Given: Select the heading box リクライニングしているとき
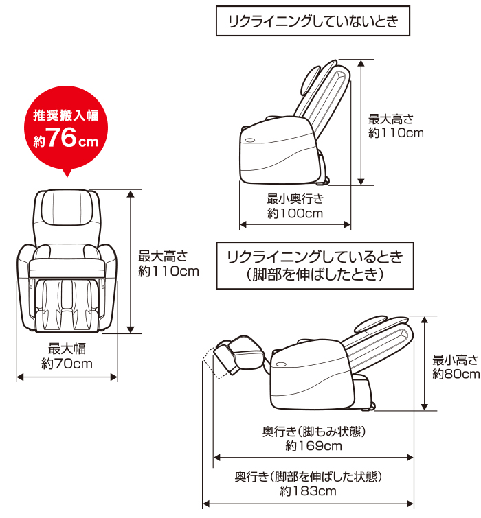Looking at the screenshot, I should [x=315, y=266].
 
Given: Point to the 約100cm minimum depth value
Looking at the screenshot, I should [x=295, y=213].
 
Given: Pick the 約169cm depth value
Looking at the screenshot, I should [x=313, y=446].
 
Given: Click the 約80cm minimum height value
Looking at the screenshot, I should [x=456, y=374].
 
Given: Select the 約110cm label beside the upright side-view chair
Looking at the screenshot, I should [x=396, y=132].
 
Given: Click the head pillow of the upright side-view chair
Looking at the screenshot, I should [x=311, y=76].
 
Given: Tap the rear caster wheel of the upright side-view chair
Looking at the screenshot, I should [x=324, y=181].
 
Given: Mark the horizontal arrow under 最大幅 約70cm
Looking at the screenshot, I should [x=67, y=377].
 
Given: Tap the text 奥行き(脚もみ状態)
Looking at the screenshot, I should [x=313, y=432].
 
